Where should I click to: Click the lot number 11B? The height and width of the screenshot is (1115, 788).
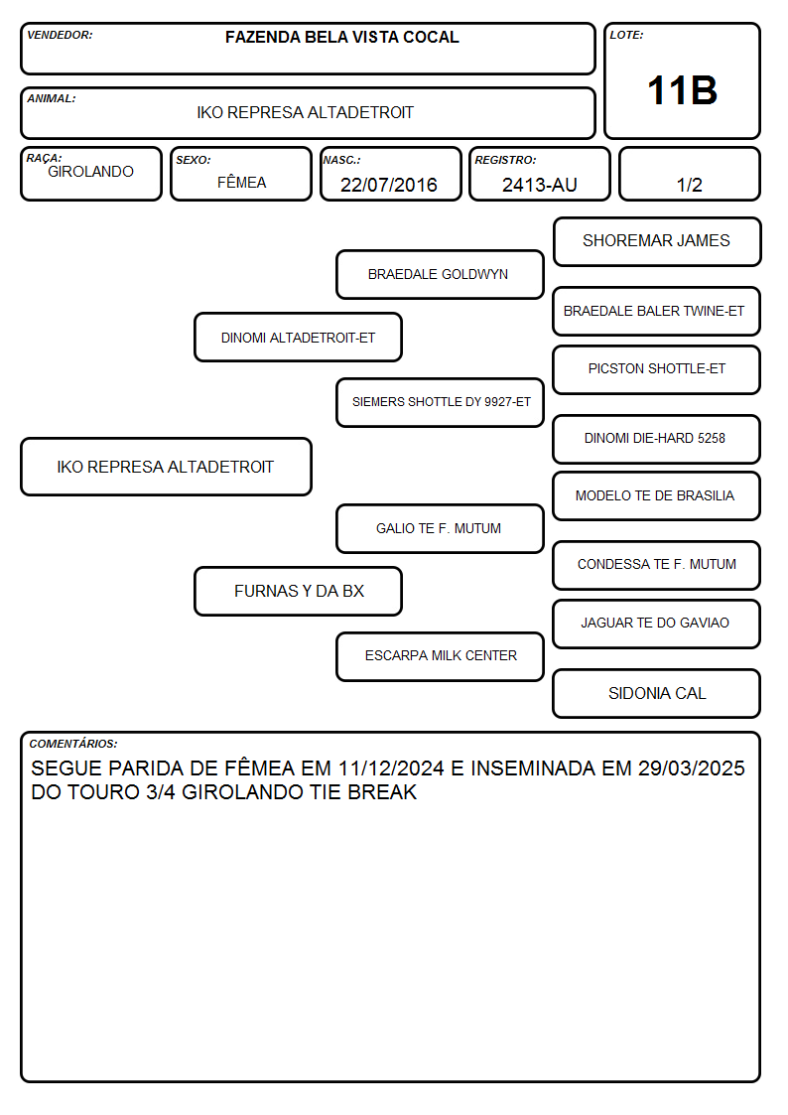[x=682, y=90]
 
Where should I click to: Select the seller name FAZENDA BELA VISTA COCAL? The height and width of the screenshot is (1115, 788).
[x=341, y=37]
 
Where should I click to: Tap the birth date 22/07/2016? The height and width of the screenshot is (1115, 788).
[x=389, y=185]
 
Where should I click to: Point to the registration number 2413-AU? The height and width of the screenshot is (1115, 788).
[x=539, y=185]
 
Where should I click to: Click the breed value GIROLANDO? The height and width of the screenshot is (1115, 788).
[x=91, y=172]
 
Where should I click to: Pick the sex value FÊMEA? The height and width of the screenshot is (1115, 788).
[x=241, y=182]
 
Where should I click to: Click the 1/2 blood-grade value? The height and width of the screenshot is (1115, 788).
[x=689, y=185]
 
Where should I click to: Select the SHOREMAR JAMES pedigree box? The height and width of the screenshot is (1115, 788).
[x=657, y=242]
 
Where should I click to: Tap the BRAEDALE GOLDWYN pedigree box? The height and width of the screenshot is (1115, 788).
[x=440, y=274]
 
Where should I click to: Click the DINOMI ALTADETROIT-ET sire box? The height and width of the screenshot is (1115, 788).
[x=298, y=337]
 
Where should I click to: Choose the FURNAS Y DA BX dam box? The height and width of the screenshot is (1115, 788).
[x=298, y=591]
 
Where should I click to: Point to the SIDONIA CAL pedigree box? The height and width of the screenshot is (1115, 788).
[x=657, y=693]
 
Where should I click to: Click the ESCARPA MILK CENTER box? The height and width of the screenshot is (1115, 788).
[x=440, y=656]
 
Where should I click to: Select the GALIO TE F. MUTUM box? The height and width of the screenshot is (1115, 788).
[x=440, y=528]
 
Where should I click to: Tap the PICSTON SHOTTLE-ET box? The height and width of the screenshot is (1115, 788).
[x=657, y=369]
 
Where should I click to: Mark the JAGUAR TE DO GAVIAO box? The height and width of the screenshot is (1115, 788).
[x=657, y=624]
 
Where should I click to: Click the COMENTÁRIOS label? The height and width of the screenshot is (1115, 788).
[x=73, y=744]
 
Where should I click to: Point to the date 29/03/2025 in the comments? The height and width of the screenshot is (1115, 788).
[x=692, y=767]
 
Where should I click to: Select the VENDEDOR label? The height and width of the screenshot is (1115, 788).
[x=60, y=35]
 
